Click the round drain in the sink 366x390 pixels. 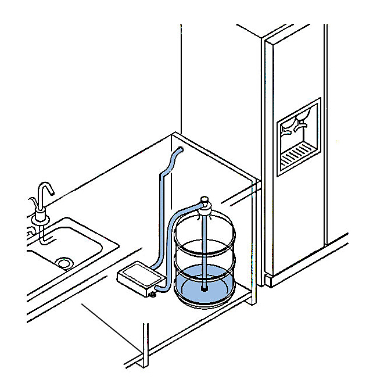tap(64, 263)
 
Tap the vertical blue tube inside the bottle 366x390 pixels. tap(204, 256)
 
